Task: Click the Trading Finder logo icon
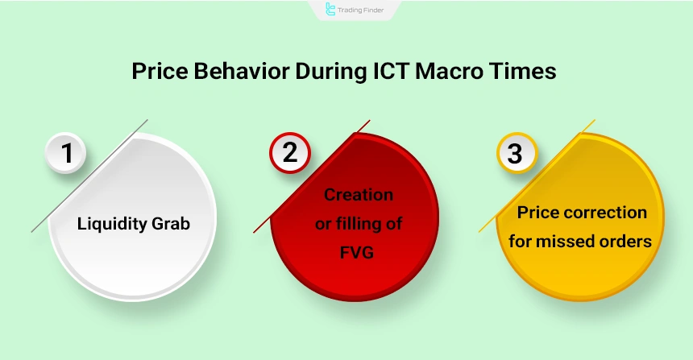pyautogui.click(x=330, y=9)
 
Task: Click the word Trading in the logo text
pyautogui.click(x=351, y=10)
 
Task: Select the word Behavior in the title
pyautogui.click(x=239, y=71)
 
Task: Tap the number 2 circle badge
pyautogui.click(x=289, y=153)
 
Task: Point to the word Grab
pyautogui.click(x=169, y=224)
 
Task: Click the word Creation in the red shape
pyautogui.click(x=358, y=195)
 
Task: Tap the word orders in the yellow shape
pyautogui.click(x=625, y=240)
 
